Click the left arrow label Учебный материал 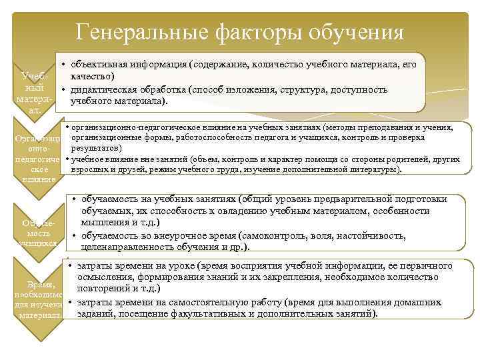[33, 93]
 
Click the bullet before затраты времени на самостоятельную [70, 303]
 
